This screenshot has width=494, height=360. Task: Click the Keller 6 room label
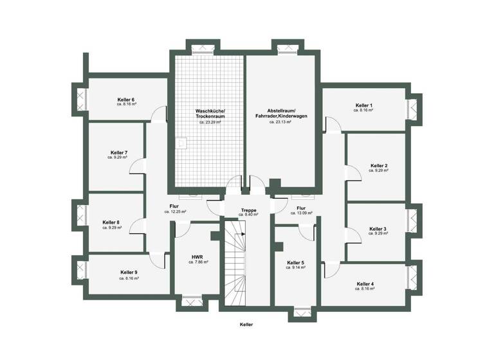pyautogui.click(x=126, y=100)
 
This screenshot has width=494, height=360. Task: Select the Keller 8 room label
pyautogui.click(x=111, y=222)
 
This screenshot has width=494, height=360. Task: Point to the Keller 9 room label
pyautogui.click(x=128, y=273)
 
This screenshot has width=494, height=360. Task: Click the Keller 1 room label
pyautogui.click(x=364, y=105)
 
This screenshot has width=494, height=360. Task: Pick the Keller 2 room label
pyautogui.click(x=379, y=166)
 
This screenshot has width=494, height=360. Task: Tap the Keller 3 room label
pyautogui.click(x=378, y=229)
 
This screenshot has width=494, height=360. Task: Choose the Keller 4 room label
pyautogui.click(x=365, y=283)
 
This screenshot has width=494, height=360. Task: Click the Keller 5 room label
pyautogui.click(x=295, y=262)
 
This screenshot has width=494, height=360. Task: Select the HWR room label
pyautogui.click(x=197, y=256)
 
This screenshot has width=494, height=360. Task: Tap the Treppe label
pyautogui.click(x=248, y=210)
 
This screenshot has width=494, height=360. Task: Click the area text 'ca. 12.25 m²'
pyautogui.click(x=175, y=212)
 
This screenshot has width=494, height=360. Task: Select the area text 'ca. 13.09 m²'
pyautogui.click(x=302, y=213)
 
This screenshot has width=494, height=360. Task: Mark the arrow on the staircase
pyautogui.click(x=244, y=235)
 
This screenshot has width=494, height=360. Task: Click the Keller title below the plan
pyautogui.click(x=246, y=325)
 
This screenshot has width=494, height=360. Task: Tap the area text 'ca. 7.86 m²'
pyautogui.click(x=197, y=262)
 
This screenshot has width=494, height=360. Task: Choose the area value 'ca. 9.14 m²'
pyautogui.click(x=295, y=267)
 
